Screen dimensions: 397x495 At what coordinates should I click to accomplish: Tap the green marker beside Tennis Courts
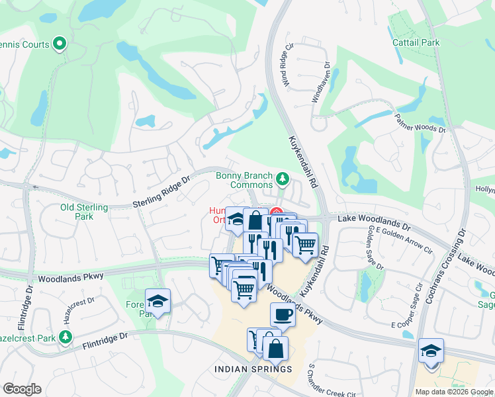tap(60, 45)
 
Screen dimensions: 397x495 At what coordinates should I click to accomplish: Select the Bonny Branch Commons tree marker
tap(283, 178)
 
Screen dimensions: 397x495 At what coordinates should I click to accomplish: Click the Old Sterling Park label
tap(84, 212)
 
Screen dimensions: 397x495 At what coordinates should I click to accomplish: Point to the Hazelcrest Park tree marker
tap(65, 337)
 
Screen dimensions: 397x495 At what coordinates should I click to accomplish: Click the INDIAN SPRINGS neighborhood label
tap(253, 369)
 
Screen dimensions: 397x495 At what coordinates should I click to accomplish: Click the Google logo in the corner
tap(22, 389)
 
